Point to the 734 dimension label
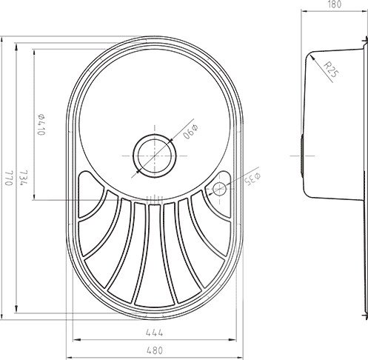pyautogui.click(x=26, y=181)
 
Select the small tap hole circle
pyautogui.click(x=220, y=188)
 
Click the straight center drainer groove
pyautogui.click(x=154, y=256)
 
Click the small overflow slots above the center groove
pyautogui.click(x=154, y=197)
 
